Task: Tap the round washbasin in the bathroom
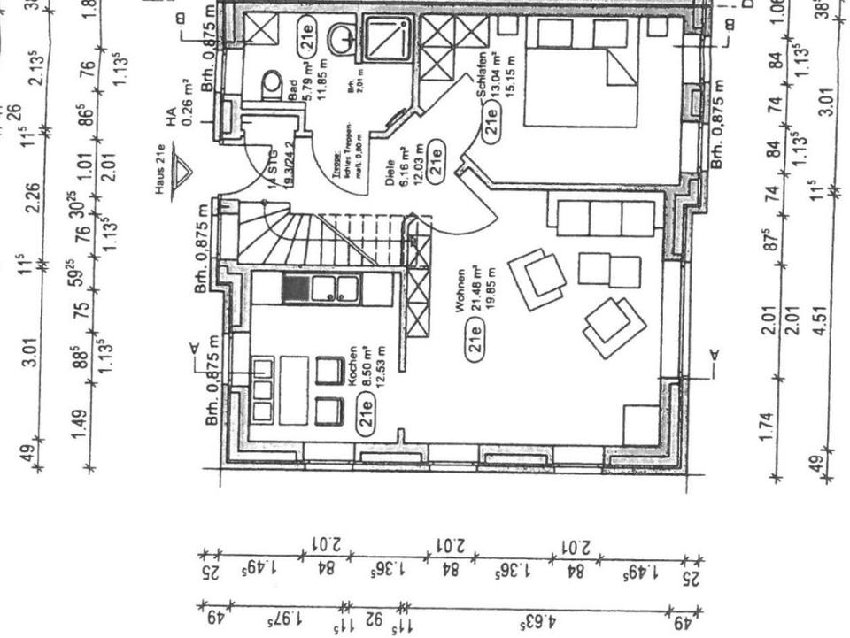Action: (343, 38)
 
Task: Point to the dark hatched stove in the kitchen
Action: (295, 288)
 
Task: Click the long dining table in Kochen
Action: (294, 389)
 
